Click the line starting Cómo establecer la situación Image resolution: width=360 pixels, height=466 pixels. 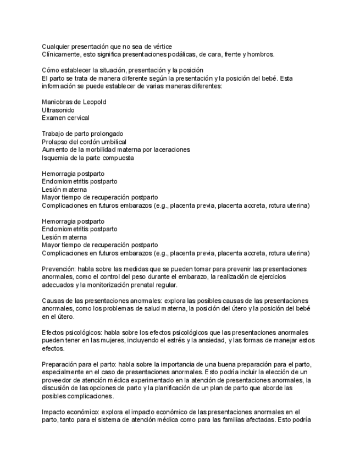coord(123,70)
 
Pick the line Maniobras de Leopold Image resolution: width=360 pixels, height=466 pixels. coord(74,102)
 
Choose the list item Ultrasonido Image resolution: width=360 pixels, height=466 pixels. coord(58,110)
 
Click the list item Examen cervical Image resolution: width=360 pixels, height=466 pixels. coord(65,118)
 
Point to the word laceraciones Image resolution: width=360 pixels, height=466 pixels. coord(171,149)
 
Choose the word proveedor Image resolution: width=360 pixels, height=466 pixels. coord(58,380)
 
